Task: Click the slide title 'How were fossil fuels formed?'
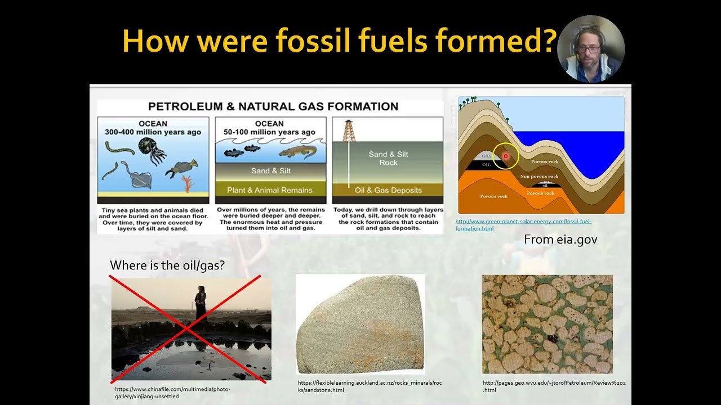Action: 339,41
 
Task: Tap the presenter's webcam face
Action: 589,49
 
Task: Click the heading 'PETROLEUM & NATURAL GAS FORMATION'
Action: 273,106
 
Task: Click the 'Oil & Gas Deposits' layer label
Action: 388,190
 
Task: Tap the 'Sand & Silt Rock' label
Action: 388,158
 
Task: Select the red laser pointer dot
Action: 505,156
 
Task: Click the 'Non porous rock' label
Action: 539,177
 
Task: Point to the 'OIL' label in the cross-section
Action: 486,165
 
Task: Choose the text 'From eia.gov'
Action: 560,240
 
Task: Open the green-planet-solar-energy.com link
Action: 523,225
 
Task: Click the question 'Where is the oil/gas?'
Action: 167,265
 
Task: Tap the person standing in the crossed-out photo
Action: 201,304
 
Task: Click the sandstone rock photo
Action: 360,324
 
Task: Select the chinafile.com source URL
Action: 172,393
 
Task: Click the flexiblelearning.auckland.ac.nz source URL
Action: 370,386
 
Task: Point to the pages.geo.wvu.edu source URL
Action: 554,386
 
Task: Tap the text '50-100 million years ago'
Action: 269,132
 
